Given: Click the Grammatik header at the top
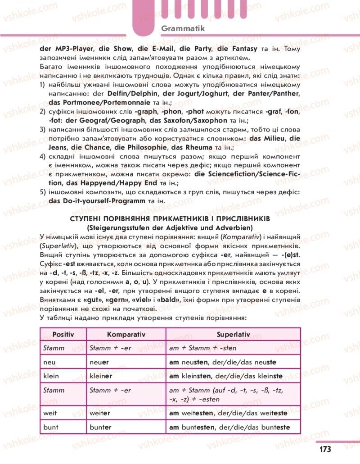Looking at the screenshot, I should coord(183,28).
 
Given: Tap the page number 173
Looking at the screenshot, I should coord(325,449).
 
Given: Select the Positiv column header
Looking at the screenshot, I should coord(63,334).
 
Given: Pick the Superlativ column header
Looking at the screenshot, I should coord(233,334).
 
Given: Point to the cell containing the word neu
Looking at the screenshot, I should coord(49,362).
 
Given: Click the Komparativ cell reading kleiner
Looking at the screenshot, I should coord(102,376).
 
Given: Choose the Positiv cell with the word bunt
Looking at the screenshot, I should coord(50,427).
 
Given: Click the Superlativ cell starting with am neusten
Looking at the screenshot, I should coord(222,362).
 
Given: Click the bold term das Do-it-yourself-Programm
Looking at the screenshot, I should coord(97,200).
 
